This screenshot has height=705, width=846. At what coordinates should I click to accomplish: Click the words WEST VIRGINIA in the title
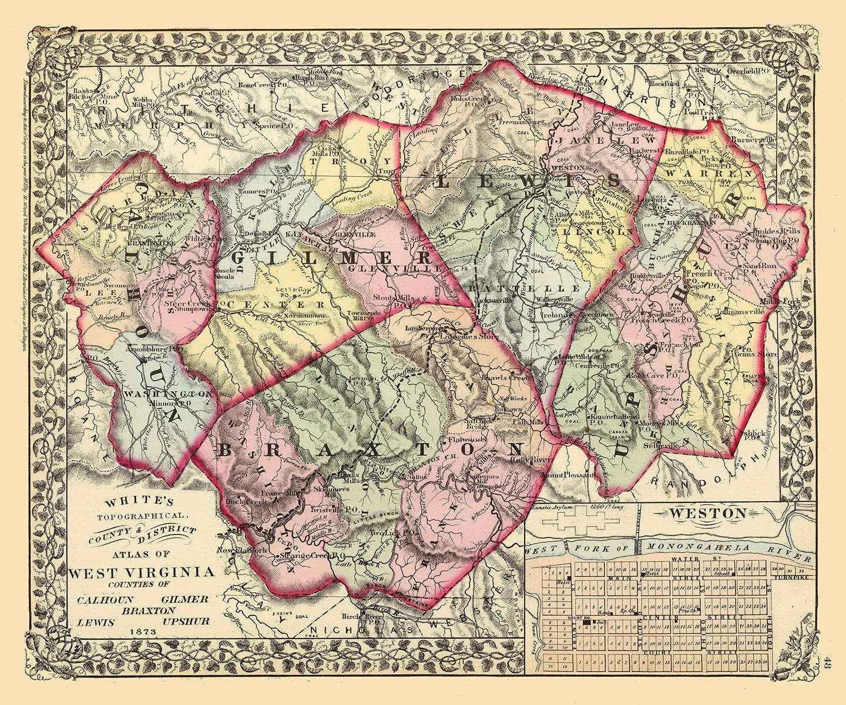point(142,572)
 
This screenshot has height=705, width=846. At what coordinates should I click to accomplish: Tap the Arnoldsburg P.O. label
point(155,348)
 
